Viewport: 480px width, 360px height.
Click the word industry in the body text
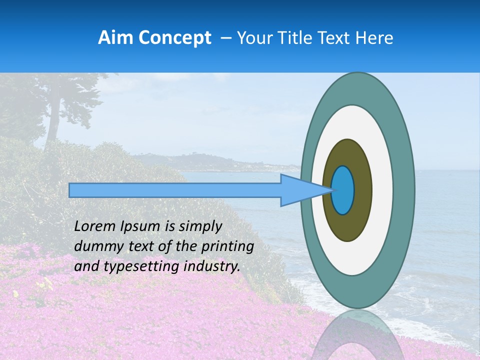tap(212, 266)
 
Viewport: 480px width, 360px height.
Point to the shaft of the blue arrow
tap(175, 190)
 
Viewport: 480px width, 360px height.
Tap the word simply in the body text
tap(200, 226)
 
